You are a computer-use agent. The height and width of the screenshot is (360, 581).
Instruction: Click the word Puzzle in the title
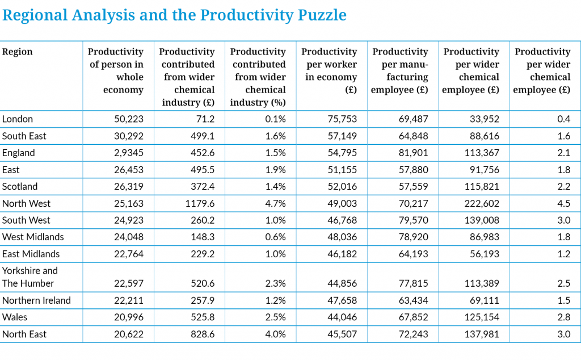coord(322,15)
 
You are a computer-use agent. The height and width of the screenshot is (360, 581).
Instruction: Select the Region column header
coord(18,52)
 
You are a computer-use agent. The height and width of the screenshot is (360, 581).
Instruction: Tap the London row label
coord(18,119)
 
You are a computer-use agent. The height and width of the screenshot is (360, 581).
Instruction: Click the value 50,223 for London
coord(129,119)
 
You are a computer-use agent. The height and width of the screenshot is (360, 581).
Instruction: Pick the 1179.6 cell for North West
coord(200,203)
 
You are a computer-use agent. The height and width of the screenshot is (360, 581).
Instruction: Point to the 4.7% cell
coord(275,203)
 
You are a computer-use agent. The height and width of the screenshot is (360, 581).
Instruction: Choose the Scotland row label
coord(20,186)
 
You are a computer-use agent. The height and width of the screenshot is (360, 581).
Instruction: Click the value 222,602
coord(482,203)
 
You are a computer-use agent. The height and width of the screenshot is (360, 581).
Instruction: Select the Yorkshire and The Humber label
coord(30,277)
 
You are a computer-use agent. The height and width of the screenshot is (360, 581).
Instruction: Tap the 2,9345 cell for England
coord(129,153)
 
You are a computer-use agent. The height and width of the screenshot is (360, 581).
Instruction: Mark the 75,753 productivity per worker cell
coord(342,119)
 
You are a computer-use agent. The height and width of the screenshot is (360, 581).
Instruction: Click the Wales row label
coord(15,317)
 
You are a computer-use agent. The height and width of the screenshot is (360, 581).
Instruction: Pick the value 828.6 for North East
coord(203,334)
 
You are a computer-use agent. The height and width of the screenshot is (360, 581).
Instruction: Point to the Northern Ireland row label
coord(36,300)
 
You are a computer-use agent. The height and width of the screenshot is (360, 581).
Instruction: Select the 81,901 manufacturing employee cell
coord(413,153)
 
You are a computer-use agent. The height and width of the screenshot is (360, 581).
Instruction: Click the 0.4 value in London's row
coord(563,119)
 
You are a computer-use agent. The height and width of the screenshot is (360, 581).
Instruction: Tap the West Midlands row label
coord(33,237)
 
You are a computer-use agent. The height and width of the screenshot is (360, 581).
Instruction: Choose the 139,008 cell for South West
coord(482,220)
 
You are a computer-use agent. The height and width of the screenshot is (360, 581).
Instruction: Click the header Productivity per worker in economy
coord(330,70)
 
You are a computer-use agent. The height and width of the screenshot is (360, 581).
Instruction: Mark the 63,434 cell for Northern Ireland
coord(413,300)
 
